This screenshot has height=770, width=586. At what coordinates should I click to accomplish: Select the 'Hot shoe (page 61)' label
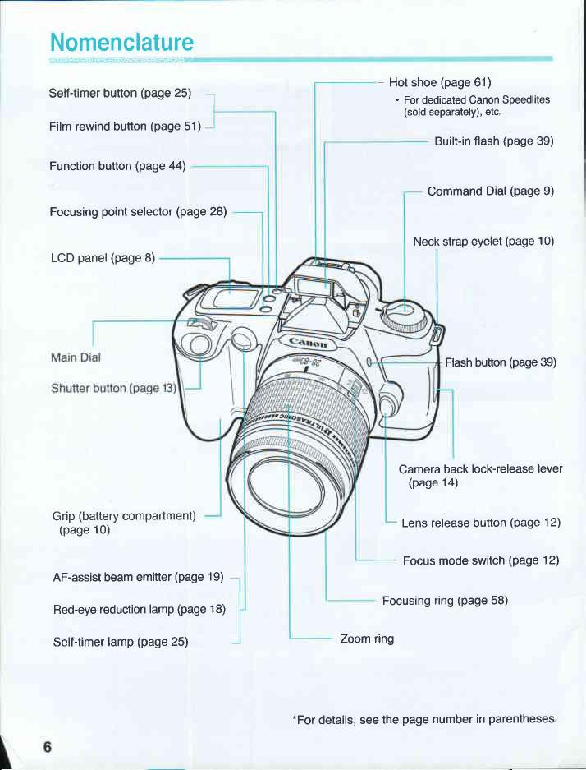439,82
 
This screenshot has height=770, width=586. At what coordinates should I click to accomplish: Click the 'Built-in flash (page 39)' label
493,141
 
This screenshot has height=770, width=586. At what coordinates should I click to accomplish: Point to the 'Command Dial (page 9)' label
490,191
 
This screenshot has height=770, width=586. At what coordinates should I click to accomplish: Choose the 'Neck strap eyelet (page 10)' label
483,241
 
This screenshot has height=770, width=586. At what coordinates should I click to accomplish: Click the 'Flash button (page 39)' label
501,362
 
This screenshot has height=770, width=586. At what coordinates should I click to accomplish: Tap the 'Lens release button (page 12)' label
480,523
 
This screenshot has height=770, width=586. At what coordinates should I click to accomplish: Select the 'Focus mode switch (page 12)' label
480,560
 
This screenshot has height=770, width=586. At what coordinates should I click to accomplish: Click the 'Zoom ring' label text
367,638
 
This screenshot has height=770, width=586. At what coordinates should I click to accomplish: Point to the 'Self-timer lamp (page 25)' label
121,640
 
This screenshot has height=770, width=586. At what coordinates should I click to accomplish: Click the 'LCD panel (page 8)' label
103,257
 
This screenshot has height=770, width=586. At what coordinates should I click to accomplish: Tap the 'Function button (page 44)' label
117,166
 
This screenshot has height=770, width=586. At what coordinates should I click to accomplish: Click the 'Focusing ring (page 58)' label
445,600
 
